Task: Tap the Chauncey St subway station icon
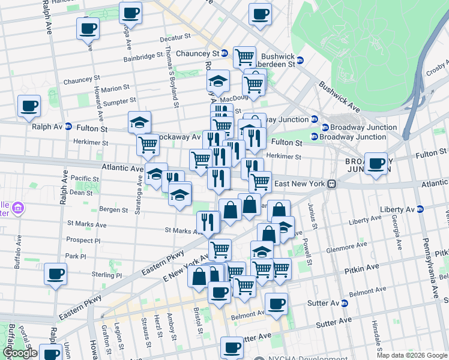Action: pos(224,53)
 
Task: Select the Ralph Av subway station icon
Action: pos(68,127)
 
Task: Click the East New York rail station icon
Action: pos(331,184)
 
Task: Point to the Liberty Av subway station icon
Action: pos(420,209)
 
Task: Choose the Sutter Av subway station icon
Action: pos(344,303)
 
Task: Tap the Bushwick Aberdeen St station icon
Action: pos(300,59)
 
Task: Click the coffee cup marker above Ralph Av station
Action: pos(29,106)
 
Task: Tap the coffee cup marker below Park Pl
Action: pos(56,274)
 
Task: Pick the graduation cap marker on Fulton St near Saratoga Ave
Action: pos(139,122)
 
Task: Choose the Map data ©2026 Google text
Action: pos(411,355)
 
